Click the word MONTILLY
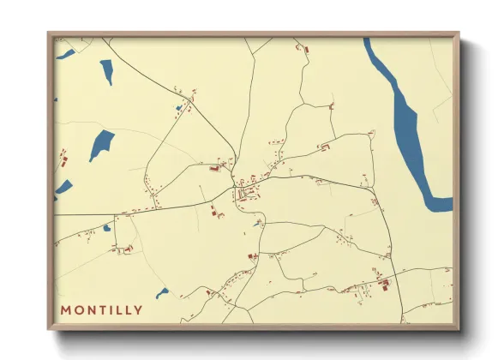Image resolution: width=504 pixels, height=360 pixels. [101, 309]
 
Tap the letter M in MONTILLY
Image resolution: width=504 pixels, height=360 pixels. [66, 309]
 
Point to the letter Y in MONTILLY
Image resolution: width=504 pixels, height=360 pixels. [139, 309]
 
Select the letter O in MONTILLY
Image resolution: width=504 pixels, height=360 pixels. [78, 309]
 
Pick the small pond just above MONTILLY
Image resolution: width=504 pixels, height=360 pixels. [162, 292]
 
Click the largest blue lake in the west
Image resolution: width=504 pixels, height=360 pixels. [101, 144]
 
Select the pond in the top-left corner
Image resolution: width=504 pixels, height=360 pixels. [65, 55]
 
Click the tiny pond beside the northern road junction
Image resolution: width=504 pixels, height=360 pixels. [179, 108]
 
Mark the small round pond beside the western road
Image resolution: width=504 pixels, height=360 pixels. [106, 228]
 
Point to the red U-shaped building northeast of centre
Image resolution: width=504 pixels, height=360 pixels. [324, 147]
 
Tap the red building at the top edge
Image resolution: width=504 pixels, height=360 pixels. [301, 49]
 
